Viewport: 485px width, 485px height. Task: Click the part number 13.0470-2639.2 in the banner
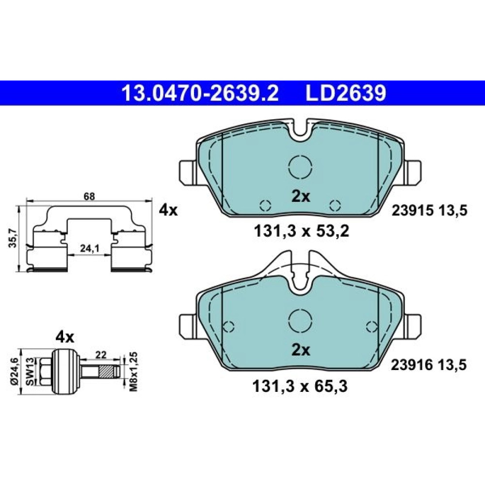[200, 93]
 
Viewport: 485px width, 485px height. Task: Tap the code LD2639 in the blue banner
[346, 93]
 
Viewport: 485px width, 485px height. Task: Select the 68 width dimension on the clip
[89, 196]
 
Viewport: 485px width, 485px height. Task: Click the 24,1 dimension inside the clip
[89, 248]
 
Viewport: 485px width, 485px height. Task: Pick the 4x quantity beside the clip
[168, 210]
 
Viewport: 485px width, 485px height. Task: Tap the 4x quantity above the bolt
[65, 337]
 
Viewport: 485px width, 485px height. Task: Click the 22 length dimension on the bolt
[101, 355]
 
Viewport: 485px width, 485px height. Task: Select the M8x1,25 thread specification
[134, 372]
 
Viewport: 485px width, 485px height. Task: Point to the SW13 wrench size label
[30, 372]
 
